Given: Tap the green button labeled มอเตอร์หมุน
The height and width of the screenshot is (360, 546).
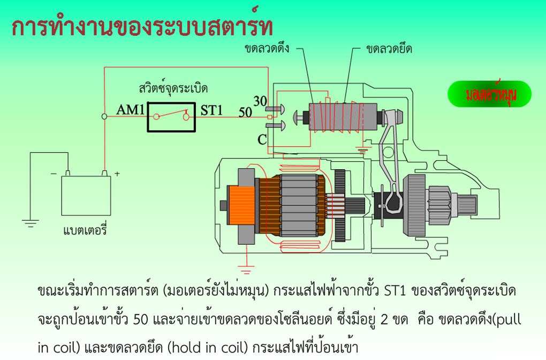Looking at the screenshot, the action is tap(490, 94).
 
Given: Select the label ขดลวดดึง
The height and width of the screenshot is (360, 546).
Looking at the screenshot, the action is tap(267, 48).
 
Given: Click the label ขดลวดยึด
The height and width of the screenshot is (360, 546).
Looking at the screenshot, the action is tap(389, 48).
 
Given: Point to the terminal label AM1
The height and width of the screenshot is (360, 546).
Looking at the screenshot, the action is tap(130, 110).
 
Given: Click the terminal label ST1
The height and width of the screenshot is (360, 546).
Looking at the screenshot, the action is tap(211, 110).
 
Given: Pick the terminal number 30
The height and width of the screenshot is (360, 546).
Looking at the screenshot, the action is tap(260, 101).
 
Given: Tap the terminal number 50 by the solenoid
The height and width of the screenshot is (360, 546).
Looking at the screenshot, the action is tap(245, 112).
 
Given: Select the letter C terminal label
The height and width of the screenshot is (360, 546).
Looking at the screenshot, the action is tap(262, 140).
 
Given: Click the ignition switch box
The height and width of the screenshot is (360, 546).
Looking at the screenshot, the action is tap(171, 117).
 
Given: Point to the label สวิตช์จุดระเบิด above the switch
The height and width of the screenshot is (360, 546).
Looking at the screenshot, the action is tap(173, 87).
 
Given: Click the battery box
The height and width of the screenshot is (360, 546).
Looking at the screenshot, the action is tap(86, 196).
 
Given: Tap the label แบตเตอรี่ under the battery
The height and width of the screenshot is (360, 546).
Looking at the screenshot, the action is tap(85, 230).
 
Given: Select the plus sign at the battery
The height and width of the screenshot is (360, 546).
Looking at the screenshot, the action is tap(117, 173).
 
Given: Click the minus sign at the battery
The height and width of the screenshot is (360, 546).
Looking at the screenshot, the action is tap(54, 173).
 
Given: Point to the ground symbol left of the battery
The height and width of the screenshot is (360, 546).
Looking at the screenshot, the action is tap(31, 223).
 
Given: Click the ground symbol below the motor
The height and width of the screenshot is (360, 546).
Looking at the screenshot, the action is tap(246, 269).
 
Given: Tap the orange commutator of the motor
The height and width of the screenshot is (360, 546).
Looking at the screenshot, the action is tap(241, 205).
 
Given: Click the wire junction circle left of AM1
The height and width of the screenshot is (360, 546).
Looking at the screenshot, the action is tap(104, 116).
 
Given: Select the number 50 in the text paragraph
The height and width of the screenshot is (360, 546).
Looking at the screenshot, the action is tap(141, 319).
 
